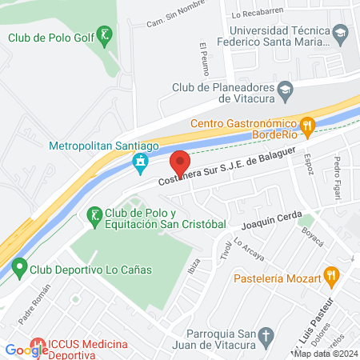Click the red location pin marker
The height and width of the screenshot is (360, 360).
[181, 162]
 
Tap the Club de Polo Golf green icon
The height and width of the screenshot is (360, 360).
[103, 36]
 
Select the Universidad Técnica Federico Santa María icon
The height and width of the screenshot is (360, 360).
[341, 33]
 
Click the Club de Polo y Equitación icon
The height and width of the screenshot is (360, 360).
[94, 214]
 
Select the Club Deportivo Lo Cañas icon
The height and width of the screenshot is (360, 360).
[18, 270]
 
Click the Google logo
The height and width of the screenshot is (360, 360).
[26, 350]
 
